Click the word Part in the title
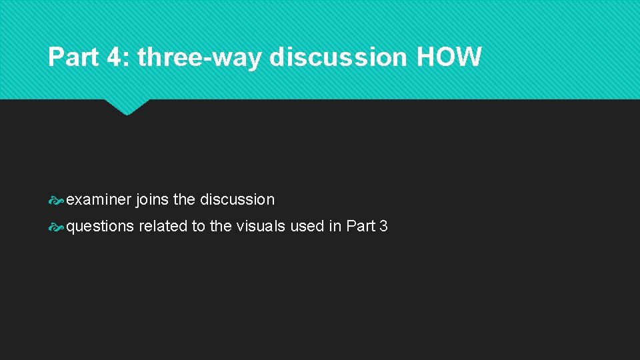[73, 58]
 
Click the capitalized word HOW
[448, 58]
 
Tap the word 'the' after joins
[184, 199]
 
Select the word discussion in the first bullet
[237, 199]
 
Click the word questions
[100, 227]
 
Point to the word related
[163, 226]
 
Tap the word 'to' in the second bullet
[199, 226]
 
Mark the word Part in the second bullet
[361, 226]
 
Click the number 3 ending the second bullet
[383, 226]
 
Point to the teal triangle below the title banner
[127, 107]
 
